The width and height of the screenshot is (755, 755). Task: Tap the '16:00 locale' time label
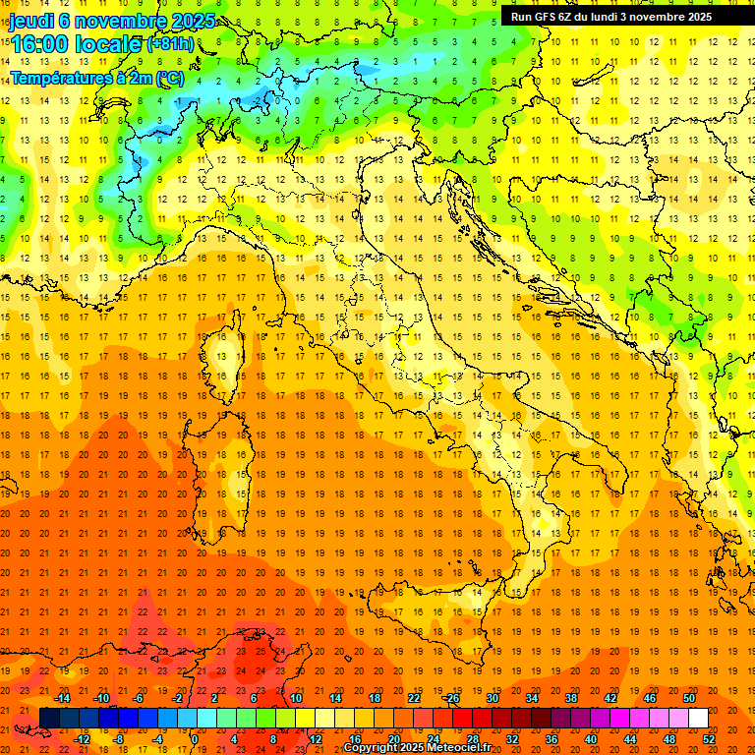75,44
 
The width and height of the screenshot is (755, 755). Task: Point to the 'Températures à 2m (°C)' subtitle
97,78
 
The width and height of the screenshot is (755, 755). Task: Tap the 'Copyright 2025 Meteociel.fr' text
417,748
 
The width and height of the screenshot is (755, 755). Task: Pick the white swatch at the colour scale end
698,718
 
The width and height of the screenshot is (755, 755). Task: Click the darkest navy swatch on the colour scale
50,718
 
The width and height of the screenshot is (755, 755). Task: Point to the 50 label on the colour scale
689,698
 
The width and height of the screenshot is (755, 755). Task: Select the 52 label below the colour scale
709,738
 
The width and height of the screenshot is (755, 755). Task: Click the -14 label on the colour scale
63,698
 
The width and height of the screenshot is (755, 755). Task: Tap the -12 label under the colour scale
82,738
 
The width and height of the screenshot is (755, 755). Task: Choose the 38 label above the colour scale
571,698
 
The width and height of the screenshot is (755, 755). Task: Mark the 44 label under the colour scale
630,738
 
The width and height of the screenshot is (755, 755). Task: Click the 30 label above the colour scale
493,698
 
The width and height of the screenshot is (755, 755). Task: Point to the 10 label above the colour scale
296,698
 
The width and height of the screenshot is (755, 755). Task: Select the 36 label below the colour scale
552,738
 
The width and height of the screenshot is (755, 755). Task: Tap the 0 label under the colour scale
195,738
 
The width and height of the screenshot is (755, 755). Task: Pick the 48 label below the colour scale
669,738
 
